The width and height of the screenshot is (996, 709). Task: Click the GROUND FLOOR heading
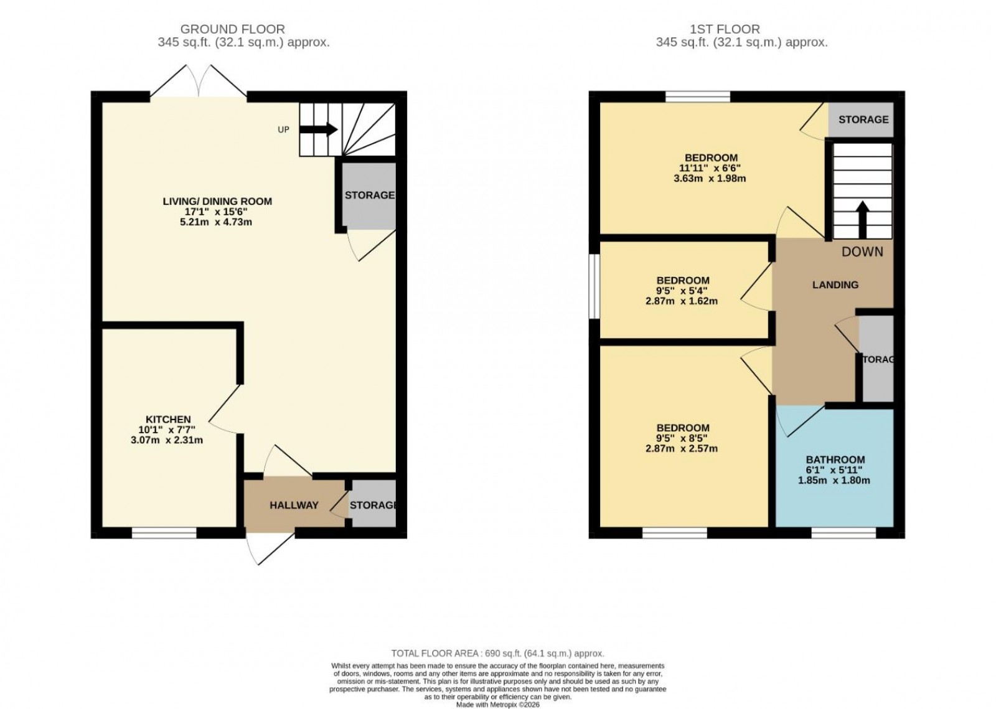point(232,29)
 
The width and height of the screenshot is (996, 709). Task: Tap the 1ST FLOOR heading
point(725,29)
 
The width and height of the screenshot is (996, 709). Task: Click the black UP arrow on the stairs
point(319,129)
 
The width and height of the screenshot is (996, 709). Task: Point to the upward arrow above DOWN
point(862,219)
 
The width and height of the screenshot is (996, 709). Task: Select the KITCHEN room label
point(168,420)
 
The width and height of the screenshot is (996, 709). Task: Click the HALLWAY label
point(294,505)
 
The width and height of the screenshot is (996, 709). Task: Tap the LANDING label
point(835,284)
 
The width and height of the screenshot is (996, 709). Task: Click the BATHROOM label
point(834,460)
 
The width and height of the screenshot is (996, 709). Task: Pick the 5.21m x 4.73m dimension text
point(217,222)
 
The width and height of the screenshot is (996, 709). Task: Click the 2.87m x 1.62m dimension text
point(682,301)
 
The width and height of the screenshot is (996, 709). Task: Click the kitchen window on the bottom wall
point(164,533)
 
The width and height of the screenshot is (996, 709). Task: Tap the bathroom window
point(843,533)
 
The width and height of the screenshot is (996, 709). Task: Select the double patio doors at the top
point(199,81)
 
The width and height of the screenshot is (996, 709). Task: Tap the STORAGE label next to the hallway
point(372,505)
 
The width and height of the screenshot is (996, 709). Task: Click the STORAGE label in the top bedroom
point(863,119)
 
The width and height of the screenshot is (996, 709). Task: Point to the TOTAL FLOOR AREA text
point(497,653)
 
